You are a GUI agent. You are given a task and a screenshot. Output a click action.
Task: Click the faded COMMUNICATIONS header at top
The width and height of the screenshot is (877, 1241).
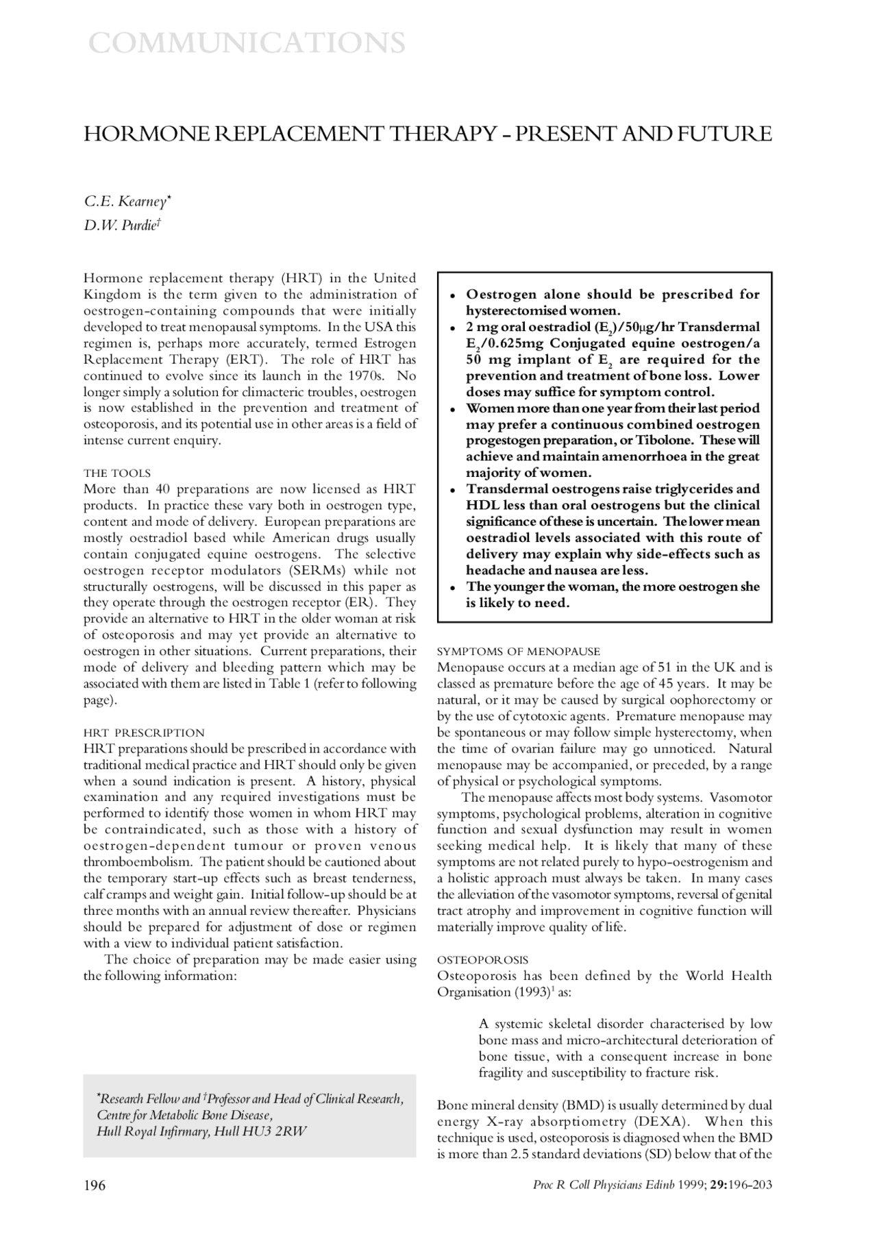tap(247, 43)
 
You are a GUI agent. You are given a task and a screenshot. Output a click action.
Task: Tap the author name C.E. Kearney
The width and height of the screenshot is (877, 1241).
tap(127, 201)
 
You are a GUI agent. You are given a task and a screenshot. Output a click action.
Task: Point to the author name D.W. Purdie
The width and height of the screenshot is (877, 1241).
tap(122, 225)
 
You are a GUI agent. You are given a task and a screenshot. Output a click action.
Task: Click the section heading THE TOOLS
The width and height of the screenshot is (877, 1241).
tap(116, 474)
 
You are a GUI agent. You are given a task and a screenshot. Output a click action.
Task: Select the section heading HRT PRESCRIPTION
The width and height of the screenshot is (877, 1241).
tap(144, 733)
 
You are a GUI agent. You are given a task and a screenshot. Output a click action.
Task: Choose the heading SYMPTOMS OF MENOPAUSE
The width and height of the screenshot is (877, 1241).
tap(519, 651)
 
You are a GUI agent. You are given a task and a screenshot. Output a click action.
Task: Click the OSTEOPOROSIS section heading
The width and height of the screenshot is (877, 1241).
tap(482, 960)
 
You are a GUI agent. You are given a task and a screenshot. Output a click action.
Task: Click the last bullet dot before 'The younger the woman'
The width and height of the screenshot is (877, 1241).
tap(453, 588)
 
